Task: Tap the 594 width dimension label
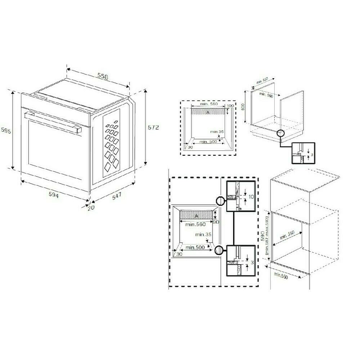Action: (54, 194)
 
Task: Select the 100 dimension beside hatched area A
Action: (230, 106)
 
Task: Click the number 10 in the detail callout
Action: (251, 197)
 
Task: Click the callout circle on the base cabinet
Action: (280, 134)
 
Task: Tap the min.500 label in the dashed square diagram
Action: (208, 141)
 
